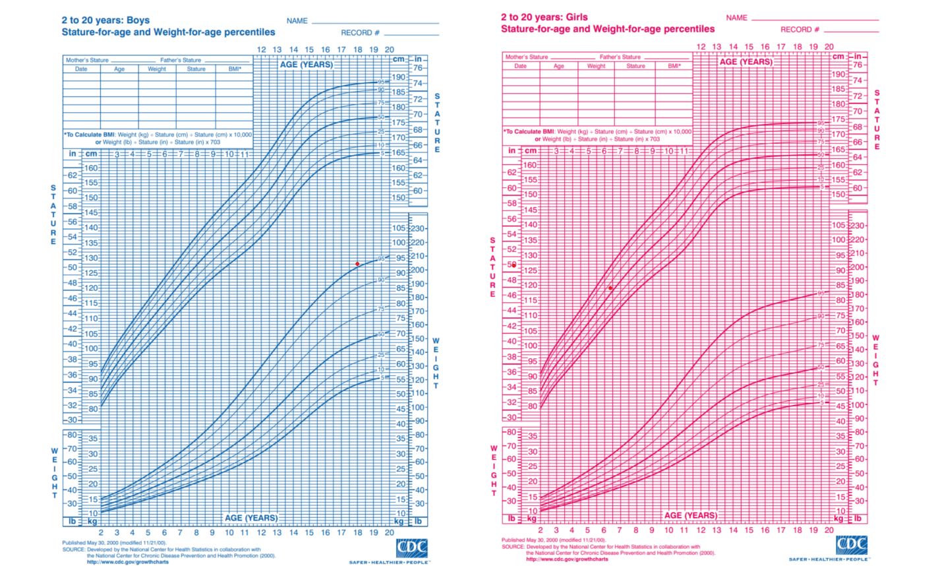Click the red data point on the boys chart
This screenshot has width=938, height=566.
pyautogui.click(x=358, y=264)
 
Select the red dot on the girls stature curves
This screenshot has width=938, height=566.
pyautogui.click(x=610, y=288)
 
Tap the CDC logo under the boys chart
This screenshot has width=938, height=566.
pyautogui.click(x=412, y=548)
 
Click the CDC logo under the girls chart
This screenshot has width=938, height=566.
pyautogui.click(x=851, y=546)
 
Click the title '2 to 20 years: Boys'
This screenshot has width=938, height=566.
pyautogui.click(x=105, y=20)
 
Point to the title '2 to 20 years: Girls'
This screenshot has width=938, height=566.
pyautogui.click(x=544, y=17)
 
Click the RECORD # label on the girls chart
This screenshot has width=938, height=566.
pyautogui.click(x=800, y=30)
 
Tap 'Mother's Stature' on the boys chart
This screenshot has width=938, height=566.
pyautogui.click(x=87, y=60)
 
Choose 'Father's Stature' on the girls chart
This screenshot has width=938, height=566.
pyautogui.click(x=620, y=57)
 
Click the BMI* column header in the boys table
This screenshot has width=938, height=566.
pyautogui.click(x=235, y=69)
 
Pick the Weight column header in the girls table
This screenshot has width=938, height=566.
pyautogui.click(x=596, y=66)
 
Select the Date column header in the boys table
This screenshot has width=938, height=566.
pyautogui.click(x=81, y=69)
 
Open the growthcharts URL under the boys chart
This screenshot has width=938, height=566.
pyautogui.click(x=127, y=562)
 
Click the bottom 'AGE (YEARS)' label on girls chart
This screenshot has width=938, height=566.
pyautogui.click(x=690, y=515)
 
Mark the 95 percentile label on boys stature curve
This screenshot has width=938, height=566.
pyautogui.click(x=381, y=83)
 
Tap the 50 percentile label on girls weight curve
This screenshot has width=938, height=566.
pyautogui.click(x=821, y=367)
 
